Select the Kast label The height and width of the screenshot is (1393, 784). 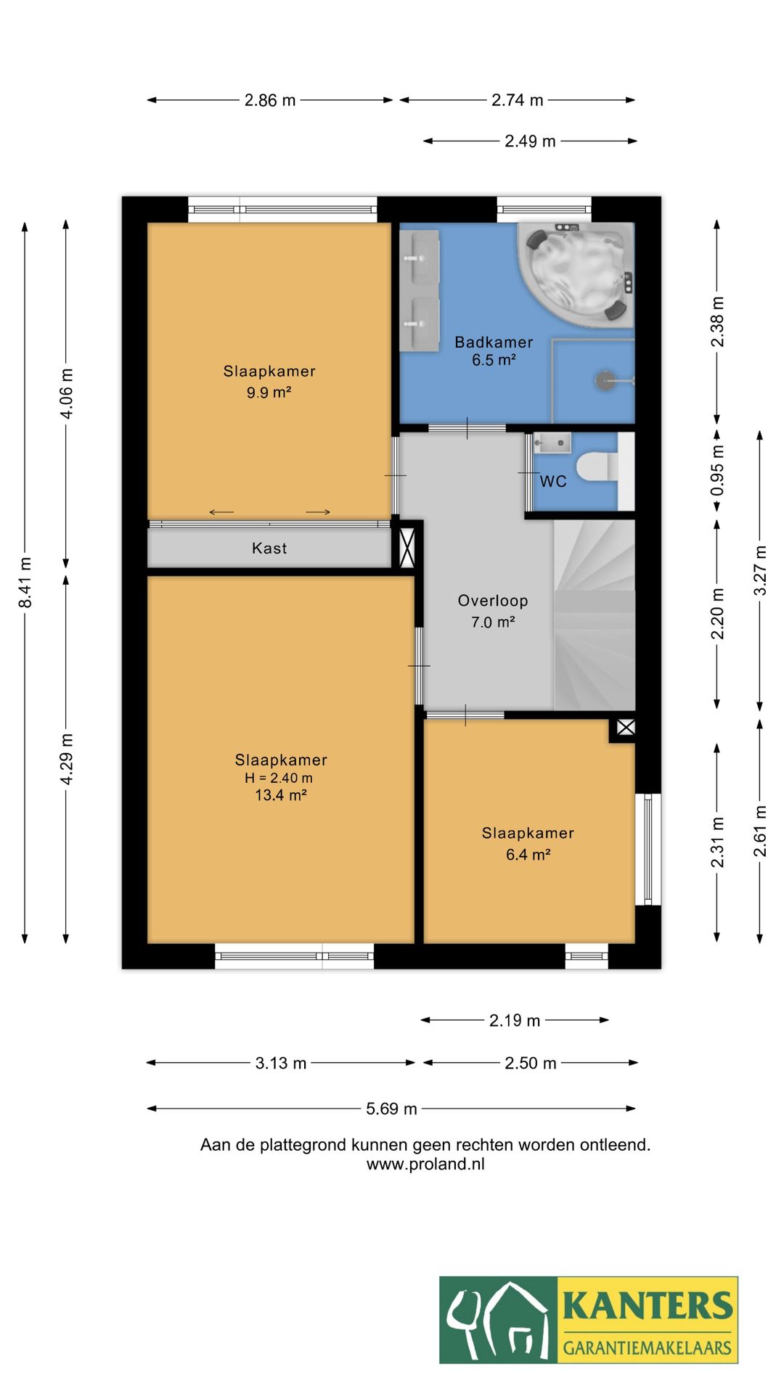[269, 548]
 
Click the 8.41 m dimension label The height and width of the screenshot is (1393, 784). [25, 583]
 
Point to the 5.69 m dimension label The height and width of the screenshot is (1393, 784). [391, 1109]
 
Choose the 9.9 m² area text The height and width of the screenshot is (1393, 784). [269, 393]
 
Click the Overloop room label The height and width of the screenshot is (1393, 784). [493, 601]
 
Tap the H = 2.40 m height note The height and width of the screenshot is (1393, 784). [279, 778]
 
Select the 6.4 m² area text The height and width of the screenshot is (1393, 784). [528, 855]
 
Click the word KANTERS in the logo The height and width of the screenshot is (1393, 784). [648, 1305]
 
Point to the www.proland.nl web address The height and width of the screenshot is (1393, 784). [425, 1164]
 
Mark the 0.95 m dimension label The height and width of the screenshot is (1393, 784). [717, 470]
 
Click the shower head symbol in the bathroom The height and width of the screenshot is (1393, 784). [605, 379]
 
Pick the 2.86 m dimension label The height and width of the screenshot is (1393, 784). [270, 100]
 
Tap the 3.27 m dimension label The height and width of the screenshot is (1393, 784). [760, 570]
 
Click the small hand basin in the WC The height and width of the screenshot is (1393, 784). [552, 442]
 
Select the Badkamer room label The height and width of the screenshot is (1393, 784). [494, 342]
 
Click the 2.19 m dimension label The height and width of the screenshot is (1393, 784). [515, 1021]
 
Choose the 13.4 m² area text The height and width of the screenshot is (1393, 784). [280, 795]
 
